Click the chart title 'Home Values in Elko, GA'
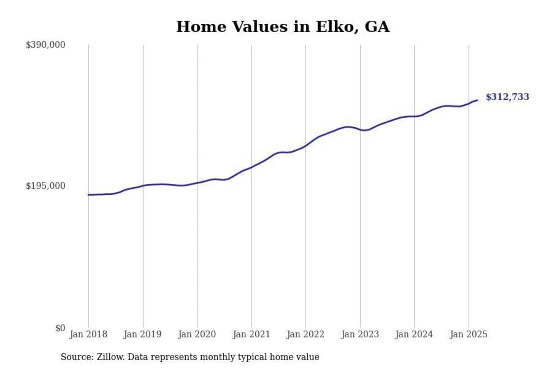point(283,27)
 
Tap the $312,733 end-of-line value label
point(507,97)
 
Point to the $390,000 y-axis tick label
point(45,45)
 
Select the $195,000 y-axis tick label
point(45,186)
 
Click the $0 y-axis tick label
point(60,328)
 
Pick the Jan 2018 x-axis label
point(88,334)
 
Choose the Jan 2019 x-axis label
point(143,334)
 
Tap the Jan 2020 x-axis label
point(197,334)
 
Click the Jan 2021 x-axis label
point(251,334)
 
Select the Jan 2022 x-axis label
point(306,334)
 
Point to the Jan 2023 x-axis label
point(360,334)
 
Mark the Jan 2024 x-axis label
point(414,334)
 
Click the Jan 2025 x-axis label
point(468,334)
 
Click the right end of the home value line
point(477,100)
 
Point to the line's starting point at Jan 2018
point(89,195)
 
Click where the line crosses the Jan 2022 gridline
point(306,145)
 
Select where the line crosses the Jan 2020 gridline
point(197,182)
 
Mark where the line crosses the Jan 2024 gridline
point(414,116)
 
